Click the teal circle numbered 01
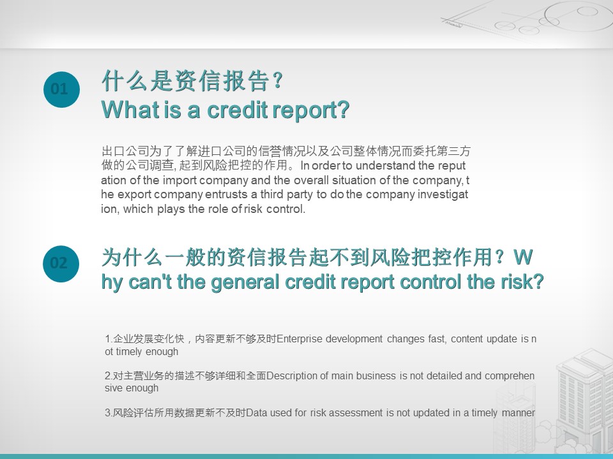pos(61,89)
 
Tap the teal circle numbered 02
pos(61,263)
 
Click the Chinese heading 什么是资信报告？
pos(192,81)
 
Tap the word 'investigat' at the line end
pos(443,194)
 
